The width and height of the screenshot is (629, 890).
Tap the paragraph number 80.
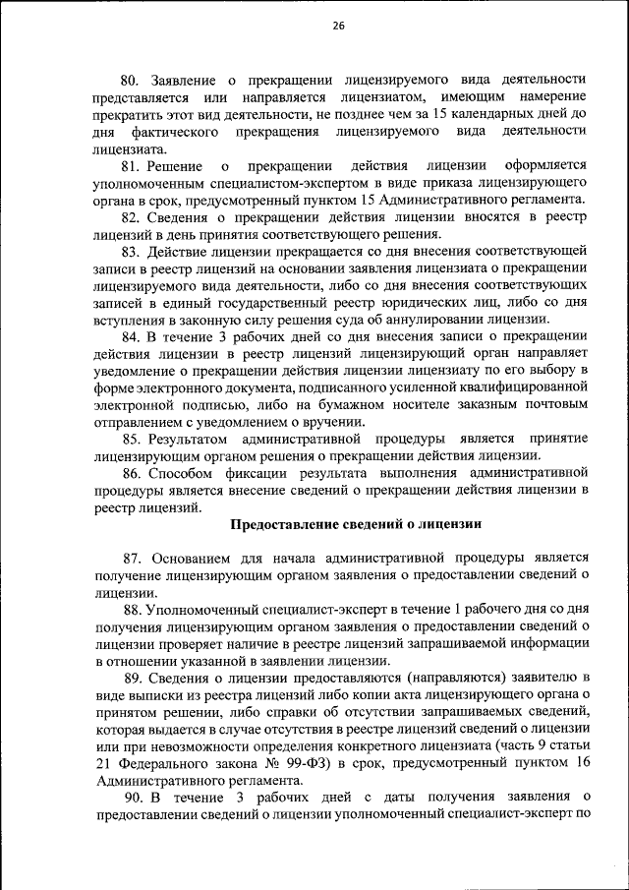(x=132, y=79)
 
